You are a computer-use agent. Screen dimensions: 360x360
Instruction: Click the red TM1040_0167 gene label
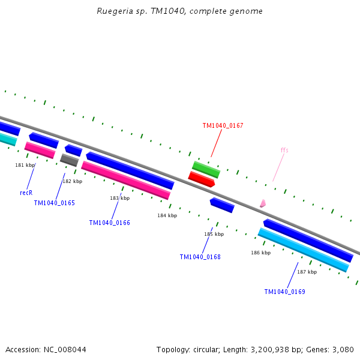pos(223,126)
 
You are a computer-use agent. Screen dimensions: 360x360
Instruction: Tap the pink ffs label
pos(284,151)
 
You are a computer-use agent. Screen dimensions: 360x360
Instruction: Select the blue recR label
pos(26,193)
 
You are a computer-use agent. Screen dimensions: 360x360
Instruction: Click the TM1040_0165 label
pos(54,203)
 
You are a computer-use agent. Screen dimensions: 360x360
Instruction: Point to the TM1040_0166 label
pos(109,223)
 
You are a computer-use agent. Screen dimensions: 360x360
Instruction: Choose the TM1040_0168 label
pos(200,257)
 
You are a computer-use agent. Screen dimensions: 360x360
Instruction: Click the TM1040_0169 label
pos(284,292)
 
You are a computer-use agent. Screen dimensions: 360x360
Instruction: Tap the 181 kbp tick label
pos(25,166)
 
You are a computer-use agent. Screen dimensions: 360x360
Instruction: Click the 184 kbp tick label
pos(167,216)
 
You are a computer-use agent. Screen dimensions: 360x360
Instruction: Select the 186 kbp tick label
pos(260,253)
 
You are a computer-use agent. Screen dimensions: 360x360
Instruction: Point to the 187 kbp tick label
pos(307,272)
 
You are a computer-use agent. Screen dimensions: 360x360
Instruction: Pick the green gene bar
pos(206,169)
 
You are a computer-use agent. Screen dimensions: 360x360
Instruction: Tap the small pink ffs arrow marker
pos(262,204)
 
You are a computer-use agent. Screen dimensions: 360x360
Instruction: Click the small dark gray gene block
pos(69,160)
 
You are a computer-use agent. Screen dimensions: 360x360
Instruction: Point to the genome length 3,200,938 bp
pos(251,350)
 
